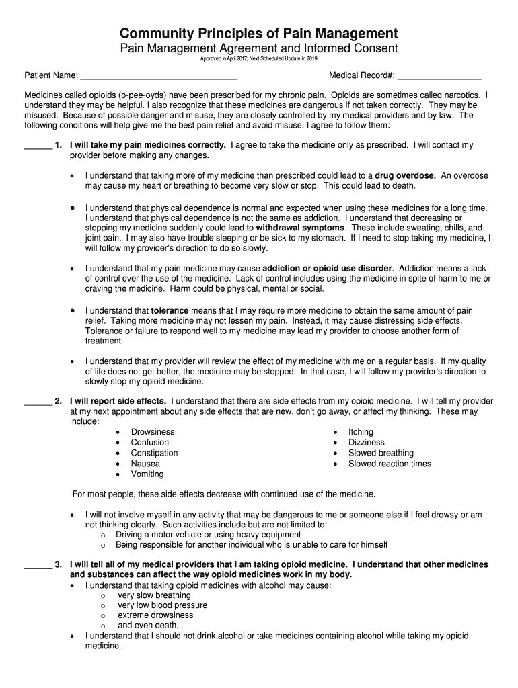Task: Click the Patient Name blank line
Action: pyautogui.click(x=159, y=76)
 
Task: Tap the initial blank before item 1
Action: pyautogui.click(x=38, y=146)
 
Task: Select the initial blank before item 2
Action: pyautogui.click(x=38, y=402)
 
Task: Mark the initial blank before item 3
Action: pyautogui.click(x=38, y=566)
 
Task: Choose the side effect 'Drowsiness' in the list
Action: pyautogui.click(x=153, y=432)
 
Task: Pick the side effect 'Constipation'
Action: pyautogui.click(x=154, y=453)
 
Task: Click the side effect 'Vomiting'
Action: pyautogui.click(x=147, y=474)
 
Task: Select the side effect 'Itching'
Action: pyautogui.click(x=361, y=432)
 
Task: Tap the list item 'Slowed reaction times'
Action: pyautogui.click(x=390, y=464)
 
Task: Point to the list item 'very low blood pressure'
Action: pyautogui.click(x=162, y=605)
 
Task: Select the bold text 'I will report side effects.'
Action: pyautogui.click(x=118, y=401)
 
